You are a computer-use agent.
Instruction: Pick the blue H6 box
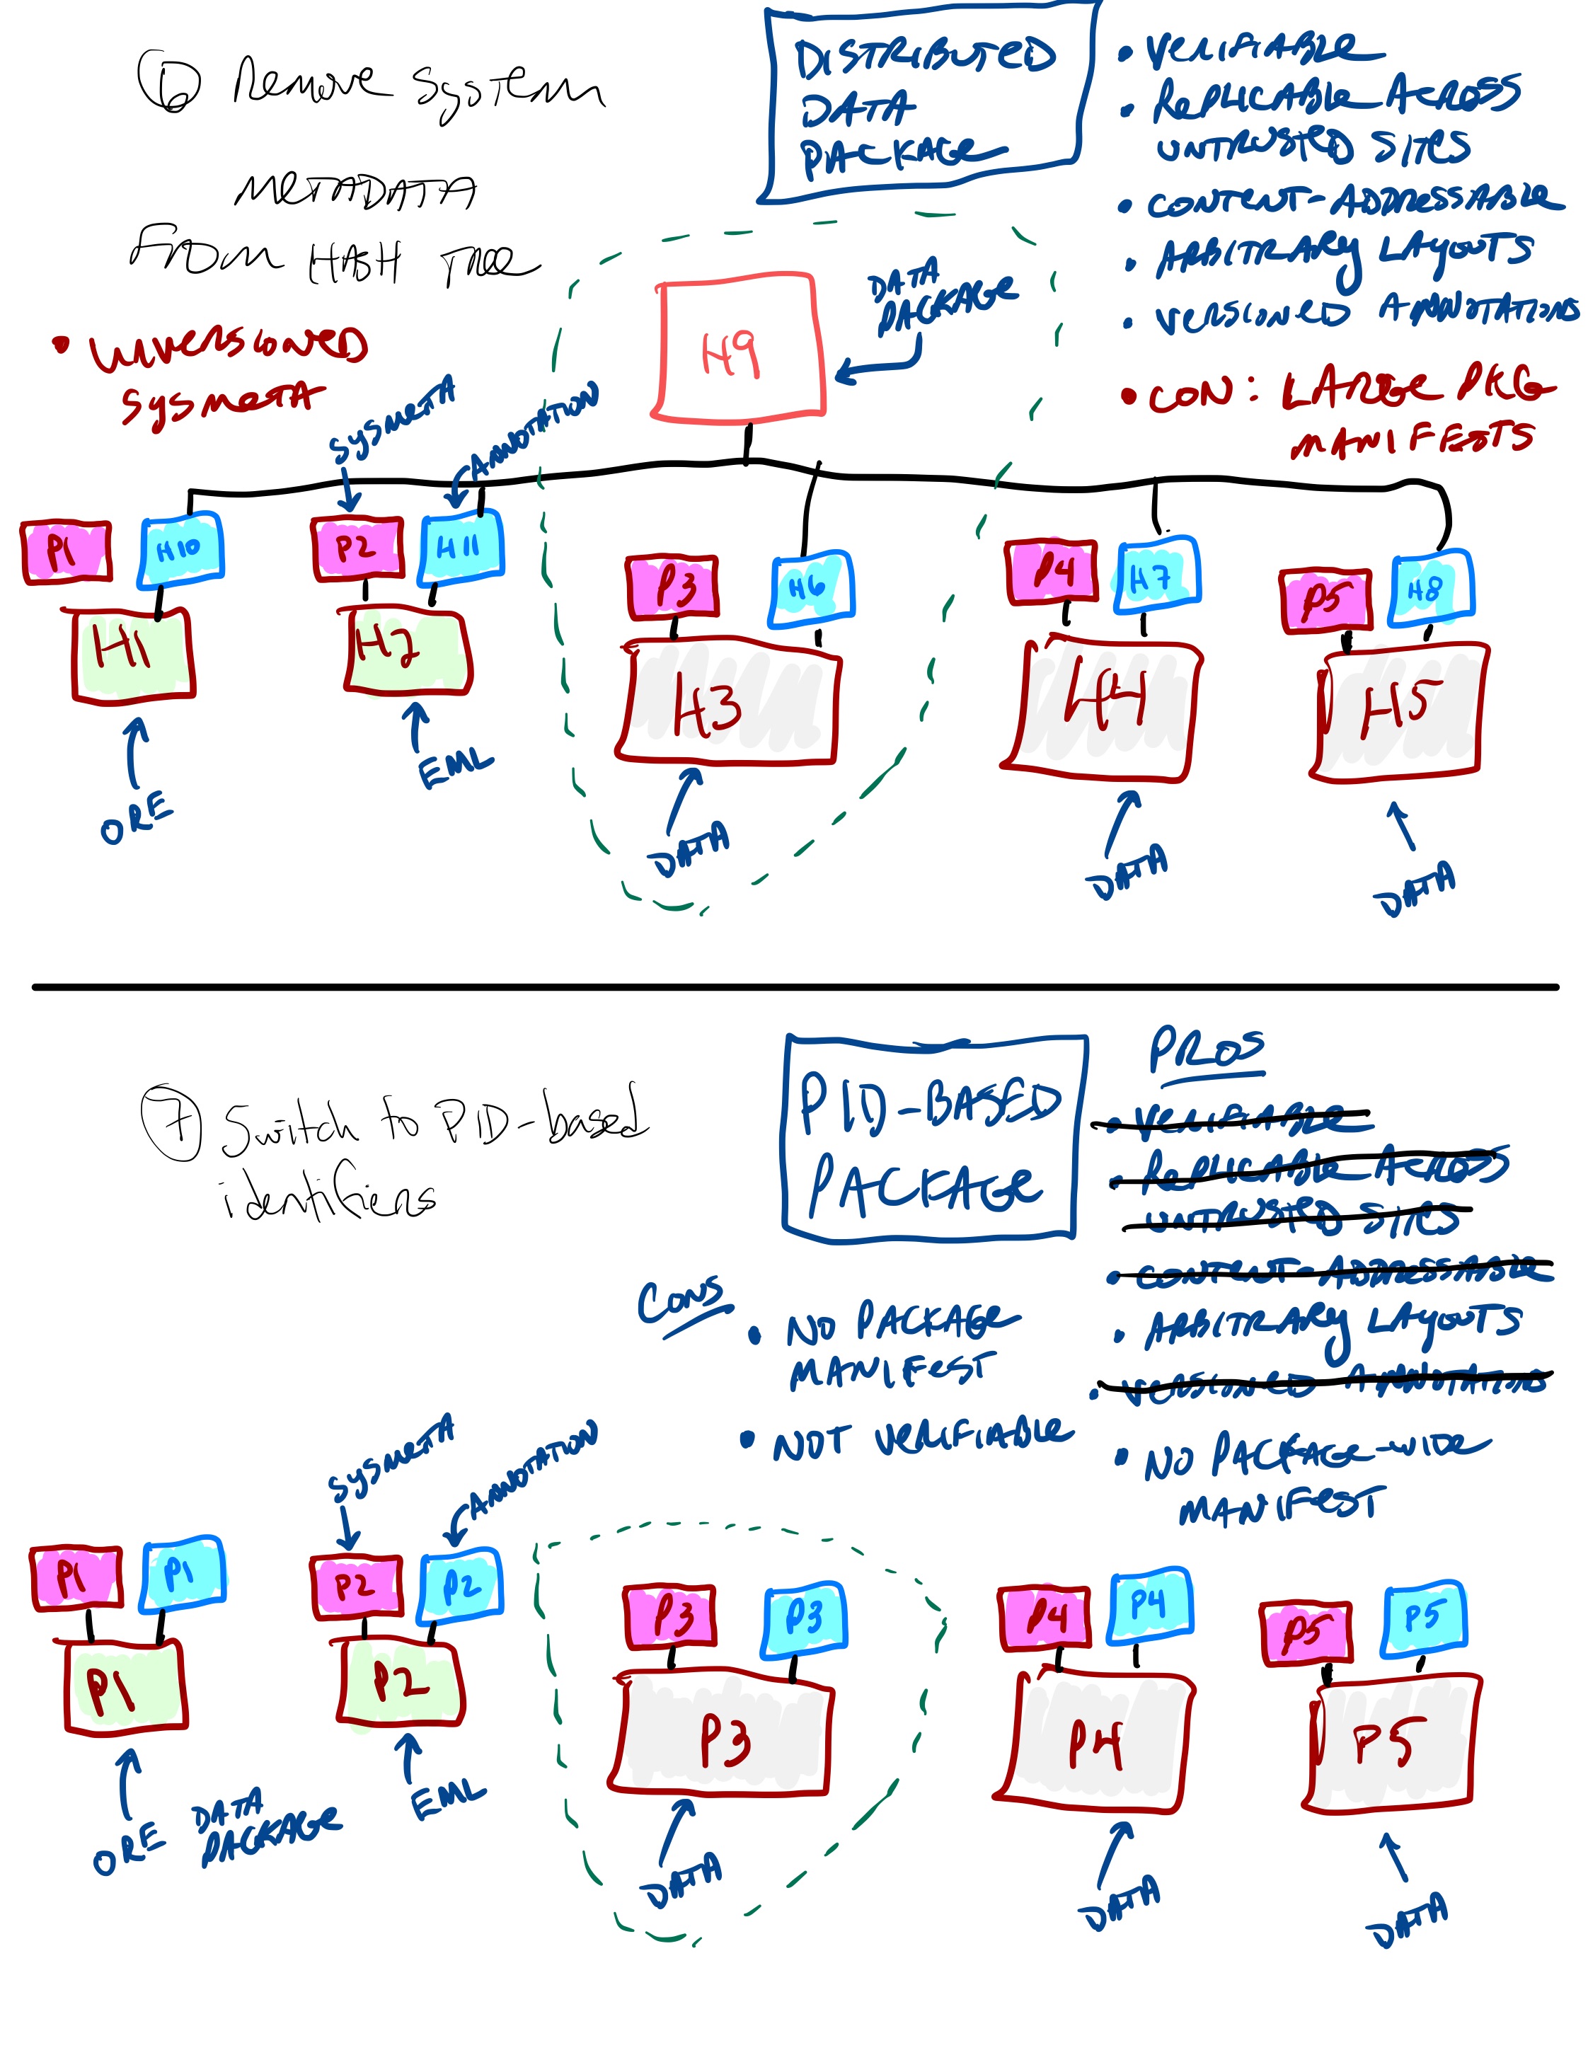[x=811, y=589]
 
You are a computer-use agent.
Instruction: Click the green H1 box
[x=134, y=654]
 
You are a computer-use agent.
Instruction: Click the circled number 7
[x=171, y=1122]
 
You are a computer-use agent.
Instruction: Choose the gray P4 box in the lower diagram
[x=1093, y=1741]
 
